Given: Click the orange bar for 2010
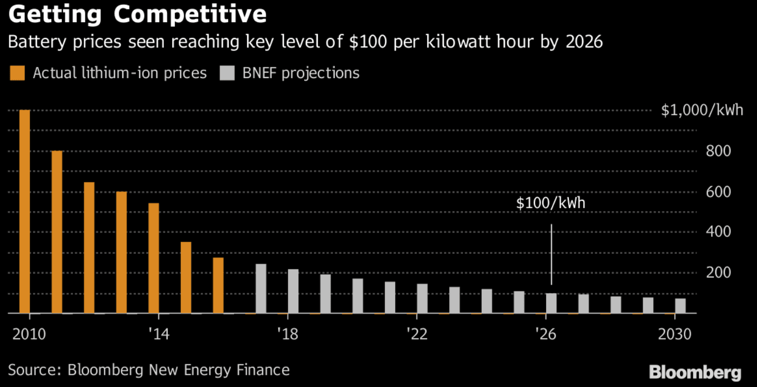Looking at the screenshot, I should tap(25, 211).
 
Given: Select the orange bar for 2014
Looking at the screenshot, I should tap(153, 258).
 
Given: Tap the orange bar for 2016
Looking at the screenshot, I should tap(218, 285).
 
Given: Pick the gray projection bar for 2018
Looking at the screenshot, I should tap(293, 291).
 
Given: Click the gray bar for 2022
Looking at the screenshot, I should tap(422, 298).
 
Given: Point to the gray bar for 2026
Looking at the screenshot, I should tap(551, 303).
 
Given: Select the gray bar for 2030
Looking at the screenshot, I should tap(681, 306).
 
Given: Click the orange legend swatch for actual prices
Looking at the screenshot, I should tap(17, 73).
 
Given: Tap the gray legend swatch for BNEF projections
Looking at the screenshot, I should tap(227, 73).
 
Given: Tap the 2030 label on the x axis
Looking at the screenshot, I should tap(675, 334).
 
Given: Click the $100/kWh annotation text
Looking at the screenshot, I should tap(551, 203).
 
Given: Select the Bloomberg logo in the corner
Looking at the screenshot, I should tap(695, 372).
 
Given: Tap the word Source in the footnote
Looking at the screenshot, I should tap(33, 370).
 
